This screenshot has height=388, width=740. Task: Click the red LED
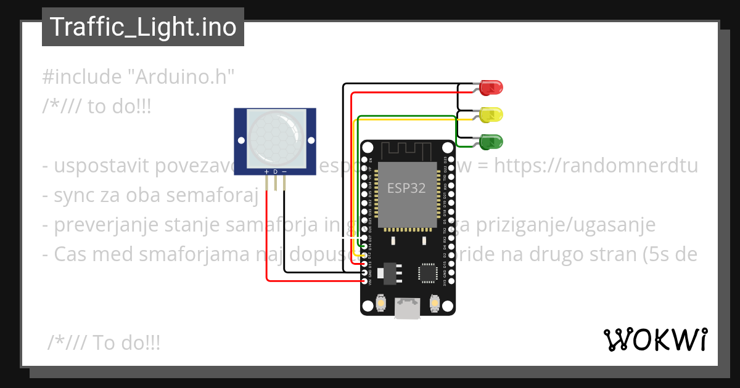[491, 87]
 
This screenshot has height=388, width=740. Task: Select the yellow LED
[491, 115]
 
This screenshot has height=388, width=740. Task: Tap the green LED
[491, 142]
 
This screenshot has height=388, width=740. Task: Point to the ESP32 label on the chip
[406, 188]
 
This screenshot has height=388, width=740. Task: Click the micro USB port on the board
[407, 309]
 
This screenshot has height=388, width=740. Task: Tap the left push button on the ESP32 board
[380, 304]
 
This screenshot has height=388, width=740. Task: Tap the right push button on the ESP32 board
[435, 304]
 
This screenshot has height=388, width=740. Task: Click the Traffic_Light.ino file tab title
[143, 27]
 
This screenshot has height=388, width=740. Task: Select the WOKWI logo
[655, 339]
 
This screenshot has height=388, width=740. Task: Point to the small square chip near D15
[427, 273]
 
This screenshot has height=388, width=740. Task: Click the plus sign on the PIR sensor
[266, 171]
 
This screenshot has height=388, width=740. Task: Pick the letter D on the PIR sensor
[276, 171]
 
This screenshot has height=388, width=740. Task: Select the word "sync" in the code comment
[76, 196]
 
